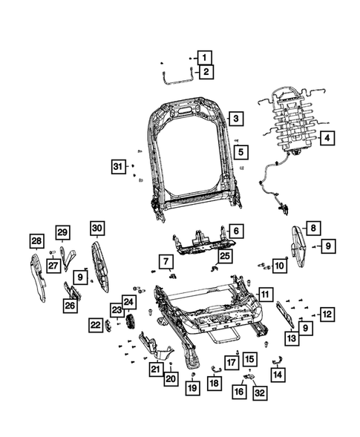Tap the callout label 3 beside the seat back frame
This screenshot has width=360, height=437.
[x=235, y=119]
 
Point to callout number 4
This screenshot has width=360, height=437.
[x=327, y=137]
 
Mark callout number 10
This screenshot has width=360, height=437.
[x=278, y=265]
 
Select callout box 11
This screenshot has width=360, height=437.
[x=265, y=295]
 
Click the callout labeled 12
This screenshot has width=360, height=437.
[x=327, y=314]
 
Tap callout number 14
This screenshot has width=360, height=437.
[x=278, y=375]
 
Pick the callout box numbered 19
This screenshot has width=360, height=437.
[x=192, y=387]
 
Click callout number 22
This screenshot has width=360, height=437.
[x=96, y=324]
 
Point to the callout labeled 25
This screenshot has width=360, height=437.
[x=224, y=256]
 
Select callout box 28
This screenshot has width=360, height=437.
[x=36, y=240]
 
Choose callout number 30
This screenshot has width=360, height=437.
[x=97, y=228]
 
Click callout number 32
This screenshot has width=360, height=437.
[x=258, y=392]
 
